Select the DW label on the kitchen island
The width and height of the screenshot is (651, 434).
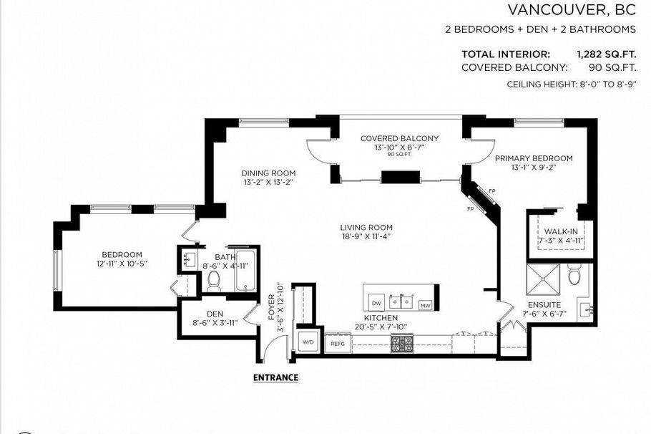376,304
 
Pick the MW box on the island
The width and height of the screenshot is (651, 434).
425,305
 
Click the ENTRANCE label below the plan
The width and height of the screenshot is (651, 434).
275,377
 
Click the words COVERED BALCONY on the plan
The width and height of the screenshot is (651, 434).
399,138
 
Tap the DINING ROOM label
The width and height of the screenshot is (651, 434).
268,173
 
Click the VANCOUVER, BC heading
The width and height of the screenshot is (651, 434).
572,10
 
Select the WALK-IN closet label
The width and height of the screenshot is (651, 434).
560,231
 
